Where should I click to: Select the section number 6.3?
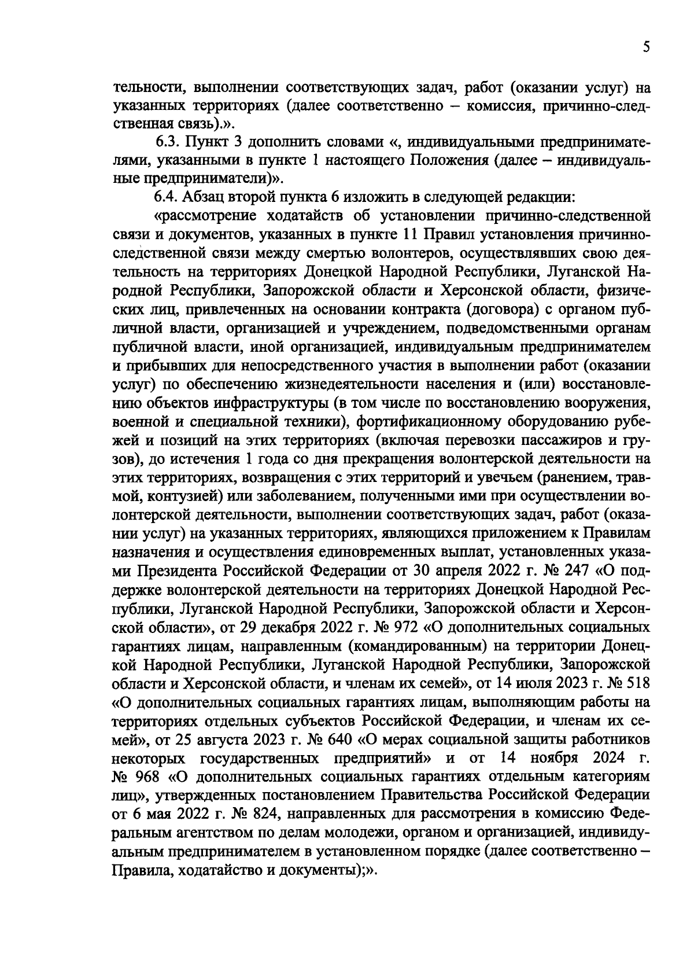169,142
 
